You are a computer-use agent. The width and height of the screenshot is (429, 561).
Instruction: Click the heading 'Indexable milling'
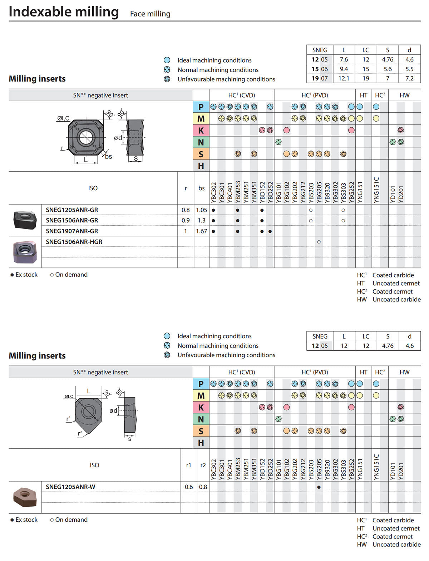pos(64,12)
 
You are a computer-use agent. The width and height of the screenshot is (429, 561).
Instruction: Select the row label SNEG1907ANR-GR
pos(72,231)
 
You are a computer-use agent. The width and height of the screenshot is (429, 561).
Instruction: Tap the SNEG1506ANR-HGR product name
pos(74,242)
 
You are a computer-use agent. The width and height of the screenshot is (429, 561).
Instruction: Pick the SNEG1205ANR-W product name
pos(70,487)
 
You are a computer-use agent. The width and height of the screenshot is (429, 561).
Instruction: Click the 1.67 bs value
pos(201,231)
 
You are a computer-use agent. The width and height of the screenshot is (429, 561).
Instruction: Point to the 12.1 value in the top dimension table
pos(344,78)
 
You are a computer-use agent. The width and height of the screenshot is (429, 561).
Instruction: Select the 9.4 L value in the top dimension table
pos(344,69)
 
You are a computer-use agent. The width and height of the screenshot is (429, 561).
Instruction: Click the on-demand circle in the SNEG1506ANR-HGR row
pos(319,242)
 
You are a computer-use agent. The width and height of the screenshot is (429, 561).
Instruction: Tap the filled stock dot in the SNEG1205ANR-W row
pos(319,487)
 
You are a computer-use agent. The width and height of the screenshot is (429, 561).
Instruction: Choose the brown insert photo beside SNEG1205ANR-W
pos(25,497)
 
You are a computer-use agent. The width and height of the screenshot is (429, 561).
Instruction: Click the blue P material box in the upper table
pos(201,107)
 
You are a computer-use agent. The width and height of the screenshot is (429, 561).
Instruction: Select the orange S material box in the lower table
pos(201,431)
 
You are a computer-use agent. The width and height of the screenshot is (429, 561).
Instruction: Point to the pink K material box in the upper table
pos(201,131)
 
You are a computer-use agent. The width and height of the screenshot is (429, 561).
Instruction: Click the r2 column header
pos(203,465)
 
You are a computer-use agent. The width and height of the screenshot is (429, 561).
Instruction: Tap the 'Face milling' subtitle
pos(150,14)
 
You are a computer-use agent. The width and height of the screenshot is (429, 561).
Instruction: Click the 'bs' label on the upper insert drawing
pos(109,156)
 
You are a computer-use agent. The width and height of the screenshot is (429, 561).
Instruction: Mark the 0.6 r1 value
pos(189,487)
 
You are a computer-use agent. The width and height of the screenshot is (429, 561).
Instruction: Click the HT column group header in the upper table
pos(364,95)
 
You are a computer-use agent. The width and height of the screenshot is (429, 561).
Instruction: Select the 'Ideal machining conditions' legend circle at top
pos(167,60)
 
